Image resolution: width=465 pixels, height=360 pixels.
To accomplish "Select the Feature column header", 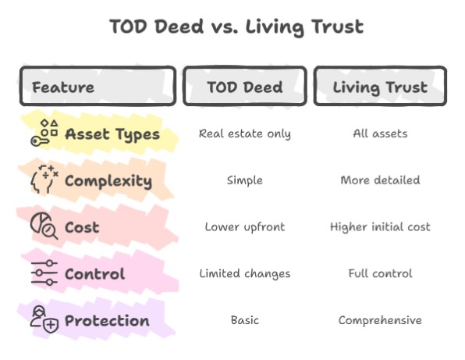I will click(x=63, y=87).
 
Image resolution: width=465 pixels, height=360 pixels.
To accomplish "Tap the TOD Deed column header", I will click(x=244, y=87).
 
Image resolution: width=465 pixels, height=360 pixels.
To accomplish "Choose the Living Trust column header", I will click(x=380, y=87).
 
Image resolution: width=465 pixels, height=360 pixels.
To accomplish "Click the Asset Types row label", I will click(x=112, y=134).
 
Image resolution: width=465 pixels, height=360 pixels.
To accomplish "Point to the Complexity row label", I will click(x=108, y=180).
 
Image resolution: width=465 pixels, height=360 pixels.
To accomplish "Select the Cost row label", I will click(x=82, y=227).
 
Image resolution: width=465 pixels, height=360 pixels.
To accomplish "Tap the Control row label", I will click(x=94, y=274).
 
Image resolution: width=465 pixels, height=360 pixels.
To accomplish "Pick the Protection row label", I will click(x=107, y=321).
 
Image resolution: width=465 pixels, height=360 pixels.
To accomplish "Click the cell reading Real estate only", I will click(x=244, y=134).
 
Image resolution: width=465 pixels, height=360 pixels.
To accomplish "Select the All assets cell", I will click(x=380, y=134).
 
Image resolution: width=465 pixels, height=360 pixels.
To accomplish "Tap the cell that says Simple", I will click(x=244, y=180).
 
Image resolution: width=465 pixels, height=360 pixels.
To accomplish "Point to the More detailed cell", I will click(x=380, y=180).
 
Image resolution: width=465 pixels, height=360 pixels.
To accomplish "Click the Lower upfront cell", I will click(x=244, y=227).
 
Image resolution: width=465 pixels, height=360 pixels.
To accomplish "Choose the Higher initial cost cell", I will click(x=380, y=227).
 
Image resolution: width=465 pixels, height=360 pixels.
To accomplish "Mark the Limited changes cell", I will click(x=244, y=274).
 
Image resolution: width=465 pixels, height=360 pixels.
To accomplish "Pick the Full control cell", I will click(x=380, y=274).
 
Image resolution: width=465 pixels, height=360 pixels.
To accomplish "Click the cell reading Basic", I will click(x=244, y=321).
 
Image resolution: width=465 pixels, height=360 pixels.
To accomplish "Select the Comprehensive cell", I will click(x=380, y=321).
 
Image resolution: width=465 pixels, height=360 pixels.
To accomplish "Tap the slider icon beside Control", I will click(x=44, y=273).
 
